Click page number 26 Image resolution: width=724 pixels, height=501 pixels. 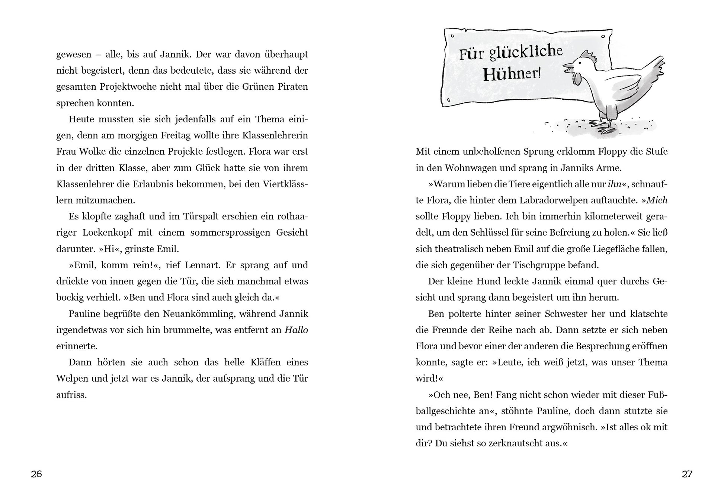tap(36, 474)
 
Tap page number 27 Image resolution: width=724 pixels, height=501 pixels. tap(687, 474)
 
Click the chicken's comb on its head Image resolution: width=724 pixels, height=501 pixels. tap(589, 56)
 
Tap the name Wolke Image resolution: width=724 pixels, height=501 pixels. tap(92, 152)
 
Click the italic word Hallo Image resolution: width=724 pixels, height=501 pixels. tap(296, 330)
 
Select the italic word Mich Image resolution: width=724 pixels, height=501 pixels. tap(657, 200)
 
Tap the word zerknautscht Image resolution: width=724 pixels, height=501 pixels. tap(521, 443)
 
